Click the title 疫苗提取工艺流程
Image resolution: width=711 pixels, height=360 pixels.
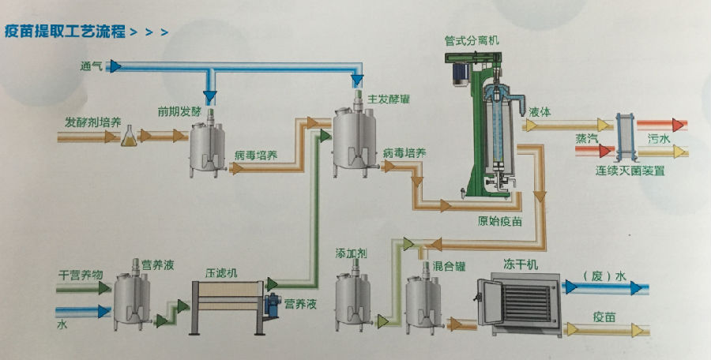click(64, 33)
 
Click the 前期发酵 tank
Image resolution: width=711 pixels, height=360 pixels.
click(207, 145)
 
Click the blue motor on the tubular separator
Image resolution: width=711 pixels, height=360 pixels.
click(457, 72)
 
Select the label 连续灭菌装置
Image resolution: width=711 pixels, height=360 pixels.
click(630, 169)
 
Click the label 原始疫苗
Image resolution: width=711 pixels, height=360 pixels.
click(500, 220)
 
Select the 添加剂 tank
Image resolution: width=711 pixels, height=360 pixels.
click(352, 300)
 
